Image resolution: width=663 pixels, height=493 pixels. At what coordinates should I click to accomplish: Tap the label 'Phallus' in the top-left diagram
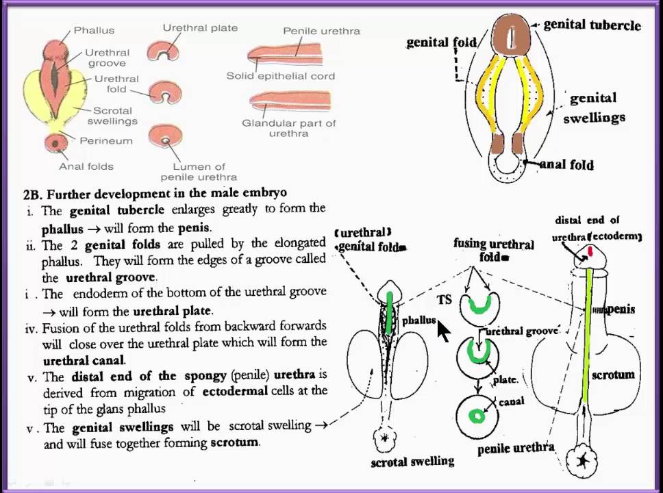coord(94,30)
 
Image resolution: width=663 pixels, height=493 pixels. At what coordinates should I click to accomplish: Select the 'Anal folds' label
coord(86,166)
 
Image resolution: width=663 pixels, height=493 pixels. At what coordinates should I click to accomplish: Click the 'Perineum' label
coord(106,140)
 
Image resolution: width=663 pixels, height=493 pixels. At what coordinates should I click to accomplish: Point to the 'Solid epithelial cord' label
coord(281,75)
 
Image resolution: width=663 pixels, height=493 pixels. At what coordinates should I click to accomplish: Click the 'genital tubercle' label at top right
coord(592,25)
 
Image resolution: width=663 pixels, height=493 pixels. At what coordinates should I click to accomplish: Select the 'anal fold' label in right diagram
coord(566,164)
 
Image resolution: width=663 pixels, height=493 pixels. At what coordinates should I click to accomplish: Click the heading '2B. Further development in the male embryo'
coord(155,193)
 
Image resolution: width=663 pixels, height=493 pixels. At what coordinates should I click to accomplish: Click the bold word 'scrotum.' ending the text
coord(235,442)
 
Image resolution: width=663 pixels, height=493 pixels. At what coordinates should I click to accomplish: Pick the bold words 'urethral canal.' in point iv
coord(84,359)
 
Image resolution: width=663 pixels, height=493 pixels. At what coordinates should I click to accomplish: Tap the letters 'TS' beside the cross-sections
coord(445,300)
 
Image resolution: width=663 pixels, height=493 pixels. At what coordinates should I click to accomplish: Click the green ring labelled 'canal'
coord(477,416)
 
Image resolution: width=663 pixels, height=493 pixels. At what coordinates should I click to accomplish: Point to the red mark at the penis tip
coord(590,253)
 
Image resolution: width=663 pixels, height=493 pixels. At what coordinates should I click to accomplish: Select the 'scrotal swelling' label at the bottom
coord(412,462)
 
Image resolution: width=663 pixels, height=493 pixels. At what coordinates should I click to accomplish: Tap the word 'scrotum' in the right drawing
coord(613,375)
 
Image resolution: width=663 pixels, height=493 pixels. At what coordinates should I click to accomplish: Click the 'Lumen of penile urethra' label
coord(199,171)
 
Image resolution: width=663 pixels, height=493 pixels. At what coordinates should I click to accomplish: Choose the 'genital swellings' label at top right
coord(594,108)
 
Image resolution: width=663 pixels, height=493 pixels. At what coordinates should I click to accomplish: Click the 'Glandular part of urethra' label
coord(288,128)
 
